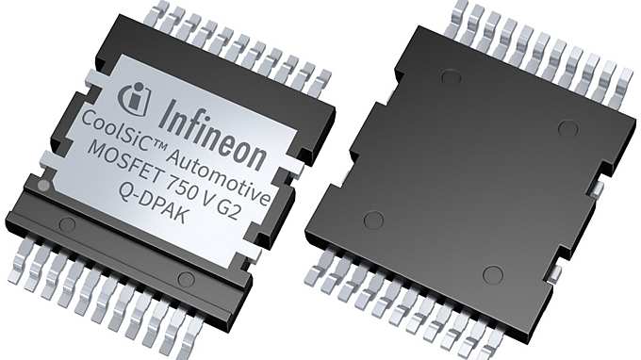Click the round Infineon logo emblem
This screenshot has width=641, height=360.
point(134,98)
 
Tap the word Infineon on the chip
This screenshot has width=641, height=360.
point(213,135)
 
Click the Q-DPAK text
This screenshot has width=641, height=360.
point(152,203)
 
